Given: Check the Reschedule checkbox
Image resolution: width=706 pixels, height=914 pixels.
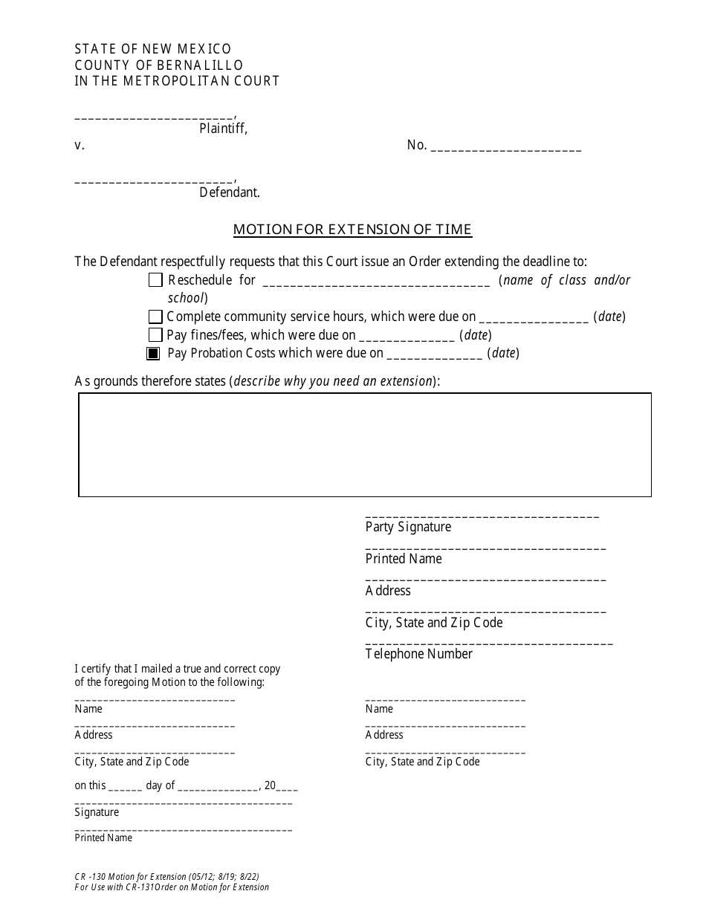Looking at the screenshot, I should tap(155, 280).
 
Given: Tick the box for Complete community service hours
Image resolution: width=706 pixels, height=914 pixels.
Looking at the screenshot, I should tap(155, 317).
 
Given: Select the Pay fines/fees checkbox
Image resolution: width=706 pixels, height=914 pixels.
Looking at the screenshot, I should tap(155, 335).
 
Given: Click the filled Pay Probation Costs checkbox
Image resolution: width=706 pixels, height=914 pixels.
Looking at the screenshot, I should tap(153, 354).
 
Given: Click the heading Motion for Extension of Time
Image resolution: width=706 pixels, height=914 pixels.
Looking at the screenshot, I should tap(352, 229).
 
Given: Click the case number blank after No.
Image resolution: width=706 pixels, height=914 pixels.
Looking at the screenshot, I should tap(505, 147).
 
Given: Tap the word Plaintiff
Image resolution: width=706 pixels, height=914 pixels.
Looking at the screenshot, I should tap(223, 129).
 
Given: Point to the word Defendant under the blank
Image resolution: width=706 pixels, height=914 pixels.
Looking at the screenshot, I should tap(229, 192).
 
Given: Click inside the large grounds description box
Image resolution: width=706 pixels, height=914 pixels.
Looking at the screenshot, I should tap(365, 444).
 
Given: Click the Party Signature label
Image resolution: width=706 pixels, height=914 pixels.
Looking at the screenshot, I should tap(408, 527).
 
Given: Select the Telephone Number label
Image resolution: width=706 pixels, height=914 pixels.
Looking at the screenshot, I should tap(418, 654).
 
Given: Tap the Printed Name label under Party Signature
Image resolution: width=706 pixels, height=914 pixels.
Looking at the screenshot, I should tap(404, 559).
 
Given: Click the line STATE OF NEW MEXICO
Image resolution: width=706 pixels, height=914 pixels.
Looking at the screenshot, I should tap(153, 49).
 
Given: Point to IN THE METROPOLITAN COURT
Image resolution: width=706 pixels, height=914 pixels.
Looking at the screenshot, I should tap(177, 81).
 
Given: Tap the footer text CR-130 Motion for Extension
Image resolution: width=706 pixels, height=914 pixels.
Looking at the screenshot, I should tap(166, 877).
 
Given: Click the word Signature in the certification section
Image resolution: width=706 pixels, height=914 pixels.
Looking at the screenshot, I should tap(97, 812).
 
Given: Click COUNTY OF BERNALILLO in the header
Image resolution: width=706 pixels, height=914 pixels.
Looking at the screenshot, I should tap(159, 65).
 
